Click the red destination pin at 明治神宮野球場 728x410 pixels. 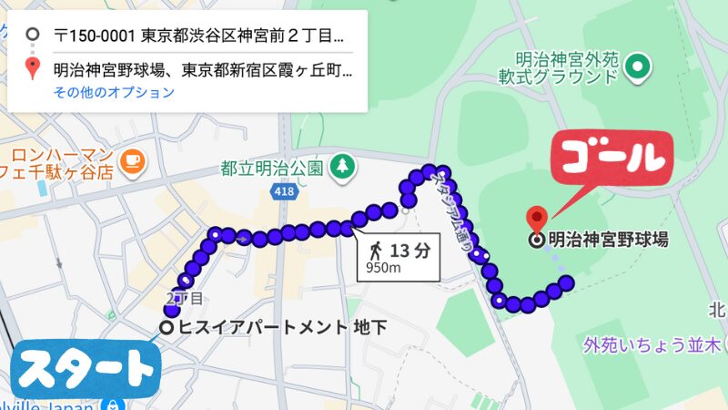(x=538, y=219)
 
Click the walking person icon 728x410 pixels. (x=375, y=249)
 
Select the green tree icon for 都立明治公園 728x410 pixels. (x=343, y=167)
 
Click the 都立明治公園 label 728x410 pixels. (x=272, y=169)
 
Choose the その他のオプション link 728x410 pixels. (x=114, y=92)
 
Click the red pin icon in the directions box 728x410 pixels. (x=33, y=68)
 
